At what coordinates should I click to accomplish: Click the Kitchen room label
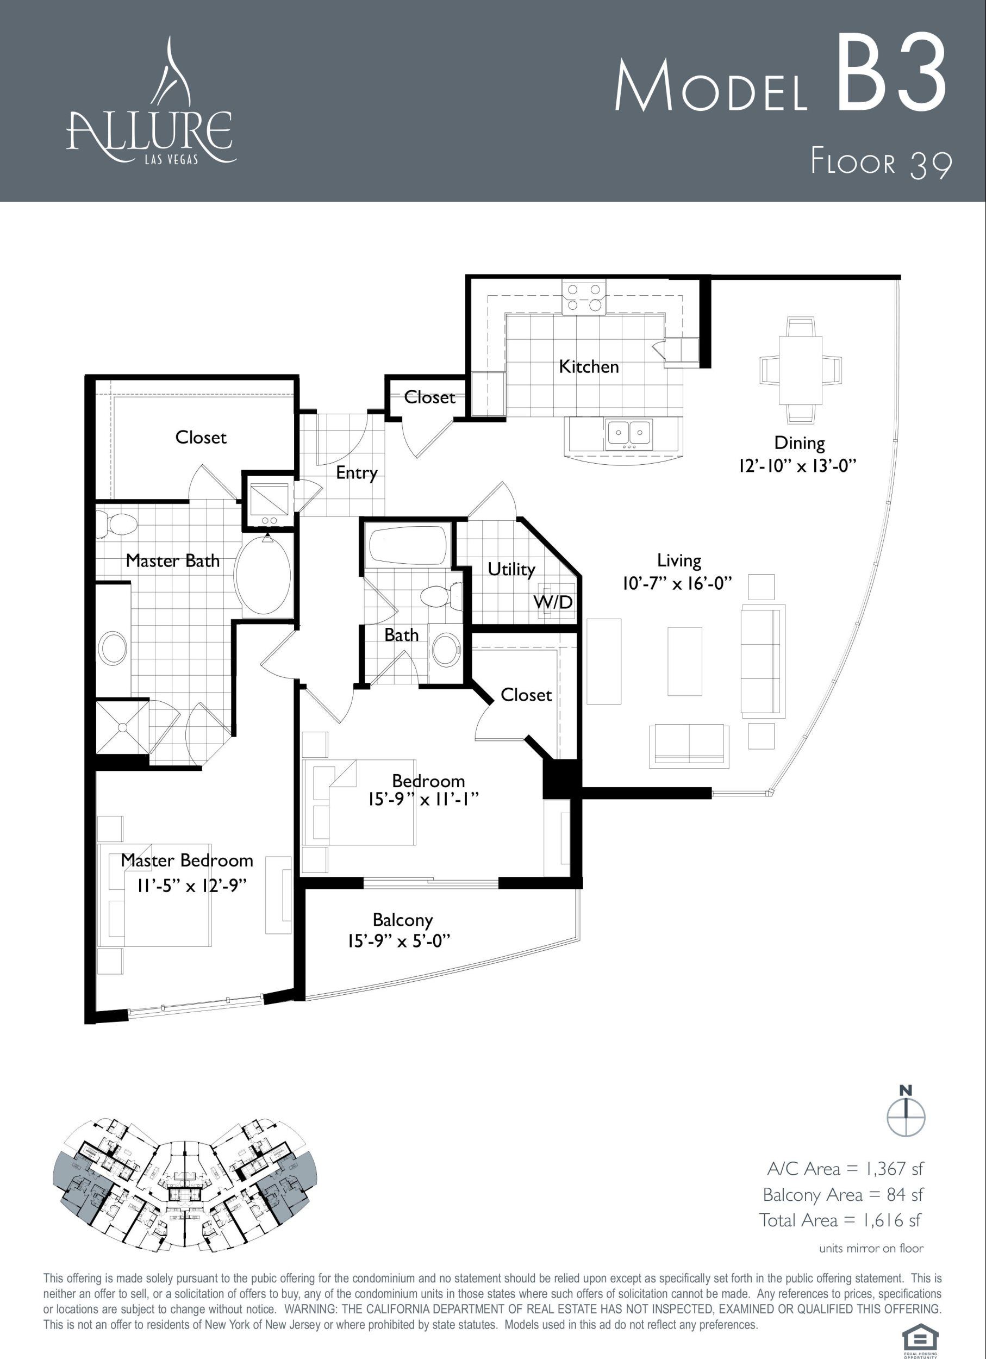pos(588,366)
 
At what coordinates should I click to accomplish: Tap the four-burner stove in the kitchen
pos(583,298)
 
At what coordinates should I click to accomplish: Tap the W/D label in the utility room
pos(553,602)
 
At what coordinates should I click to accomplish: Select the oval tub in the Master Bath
pos(263,574)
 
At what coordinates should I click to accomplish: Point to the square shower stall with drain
pos(123,727)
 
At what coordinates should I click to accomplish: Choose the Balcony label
pos(403,920)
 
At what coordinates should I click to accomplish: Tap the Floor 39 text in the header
pos(881,164)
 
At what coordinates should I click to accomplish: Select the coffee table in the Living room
pos(685,661)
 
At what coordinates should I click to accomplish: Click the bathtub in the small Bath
pos(409,545)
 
